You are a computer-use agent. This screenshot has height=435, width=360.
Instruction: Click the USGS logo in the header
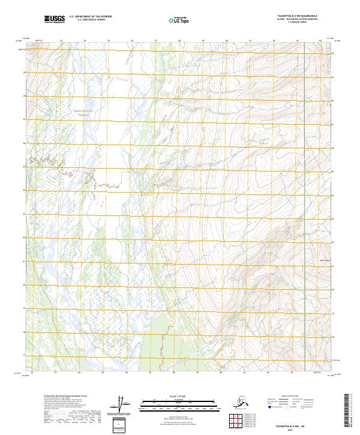coord(54,20)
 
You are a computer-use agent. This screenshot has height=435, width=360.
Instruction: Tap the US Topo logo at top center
coord(175,20)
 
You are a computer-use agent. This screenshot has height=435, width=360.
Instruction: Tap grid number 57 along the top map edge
coord(155,41)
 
